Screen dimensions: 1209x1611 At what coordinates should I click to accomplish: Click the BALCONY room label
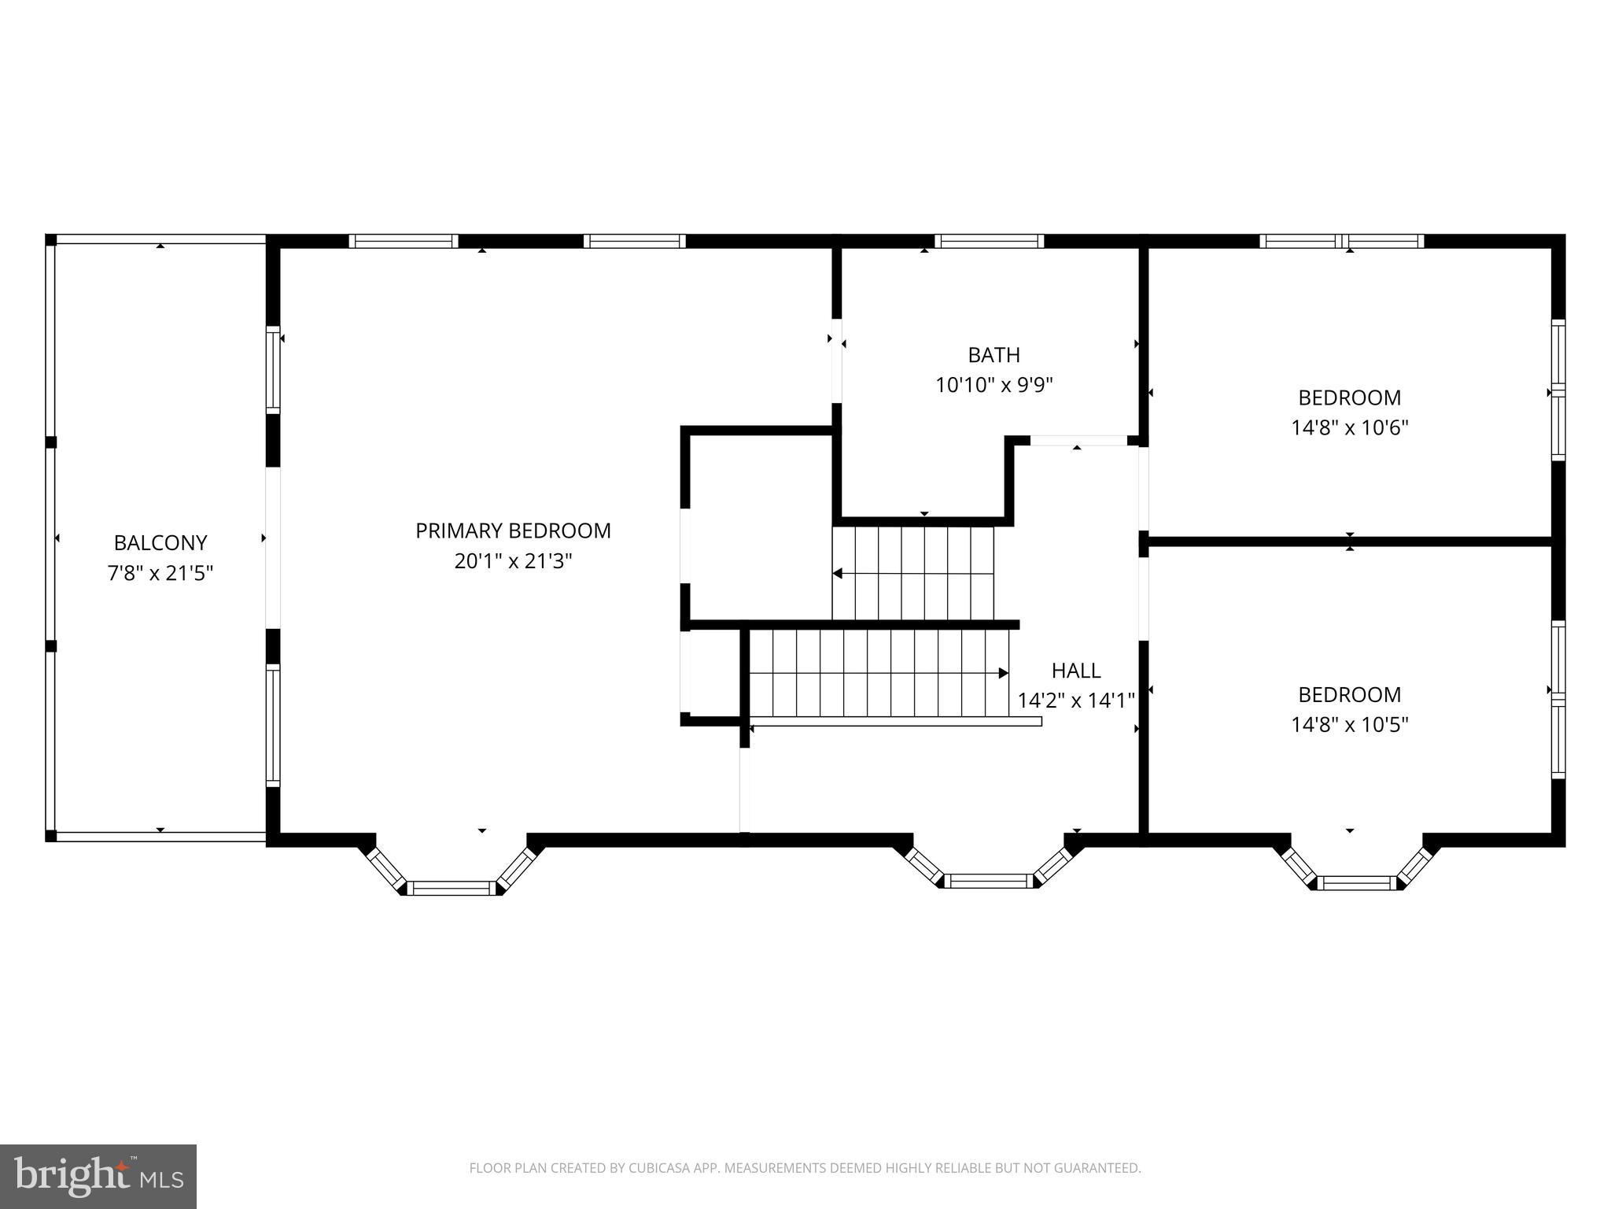pos(160,543)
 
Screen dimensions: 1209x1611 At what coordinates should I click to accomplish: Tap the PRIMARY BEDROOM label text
pos(513,531)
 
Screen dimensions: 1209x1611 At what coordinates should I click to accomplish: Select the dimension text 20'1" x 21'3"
pos(513,561)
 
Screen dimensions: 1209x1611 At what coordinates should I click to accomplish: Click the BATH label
pos(994,356)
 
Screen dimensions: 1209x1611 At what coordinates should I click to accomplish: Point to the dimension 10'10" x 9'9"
pos(994,386)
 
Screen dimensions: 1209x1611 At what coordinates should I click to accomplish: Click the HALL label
pos(1075,671)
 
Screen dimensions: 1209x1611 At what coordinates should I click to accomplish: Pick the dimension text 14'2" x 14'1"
pos(1075,701)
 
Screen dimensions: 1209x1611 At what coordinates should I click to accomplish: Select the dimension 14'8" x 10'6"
pos(1349,428)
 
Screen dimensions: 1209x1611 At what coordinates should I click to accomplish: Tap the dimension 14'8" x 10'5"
pos(1349,725)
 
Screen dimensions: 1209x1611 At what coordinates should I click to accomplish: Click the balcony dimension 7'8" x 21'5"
pos(160,573)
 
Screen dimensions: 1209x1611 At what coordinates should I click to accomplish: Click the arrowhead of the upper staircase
pos(838,574)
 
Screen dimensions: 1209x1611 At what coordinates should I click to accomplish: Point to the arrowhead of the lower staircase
pos(1004,673)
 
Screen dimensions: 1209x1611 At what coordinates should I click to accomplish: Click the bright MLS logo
pos(98,1176)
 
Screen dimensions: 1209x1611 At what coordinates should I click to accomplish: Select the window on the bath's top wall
pos(989,241)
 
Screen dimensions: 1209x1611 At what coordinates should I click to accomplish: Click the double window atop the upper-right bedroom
pos(1341,241)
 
